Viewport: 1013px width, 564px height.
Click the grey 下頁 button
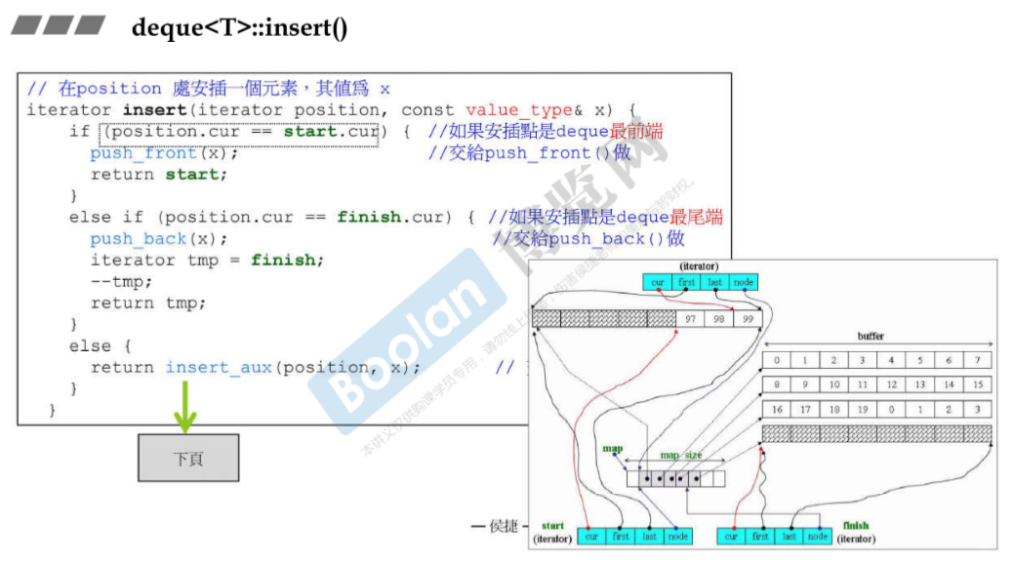point(187,458)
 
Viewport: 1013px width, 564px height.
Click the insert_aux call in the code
point(219,367)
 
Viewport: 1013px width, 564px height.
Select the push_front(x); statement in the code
point(164,153)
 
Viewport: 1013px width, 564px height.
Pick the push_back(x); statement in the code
point(159,239)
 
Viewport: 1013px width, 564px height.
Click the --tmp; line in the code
point(122,282)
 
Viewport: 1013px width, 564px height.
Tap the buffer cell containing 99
point(748,318)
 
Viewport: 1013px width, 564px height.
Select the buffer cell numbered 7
point(977,360)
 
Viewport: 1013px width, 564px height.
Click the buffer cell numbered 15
point(977,384)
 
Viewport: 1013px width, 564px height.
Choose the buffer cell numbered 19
point(863,410)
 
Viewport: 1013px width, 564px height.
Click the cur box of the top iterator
point(658,282)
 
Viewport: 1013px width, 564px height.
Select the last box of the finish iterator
point(790,536)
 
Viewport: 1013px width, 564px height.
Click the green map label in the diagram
point(612,449)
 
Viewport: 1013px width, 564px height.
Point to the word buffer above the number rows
point(871,336)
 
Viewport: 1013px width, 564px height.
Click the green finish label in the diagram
point(855,525)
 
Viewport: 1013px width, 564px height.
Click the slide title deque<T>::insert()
point(239,27)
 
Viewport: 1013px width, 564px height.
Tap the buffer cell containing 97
point(690,318)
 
